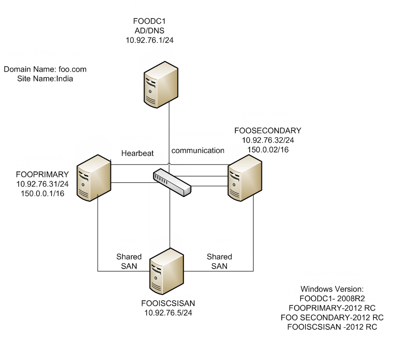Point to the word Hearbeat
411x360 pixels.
point(138,153)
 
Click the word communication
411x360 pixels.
point(198,150)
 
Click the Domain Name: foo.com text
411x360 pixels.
point(41,70)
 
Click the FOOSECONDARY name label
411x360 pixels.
point(267,131)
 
